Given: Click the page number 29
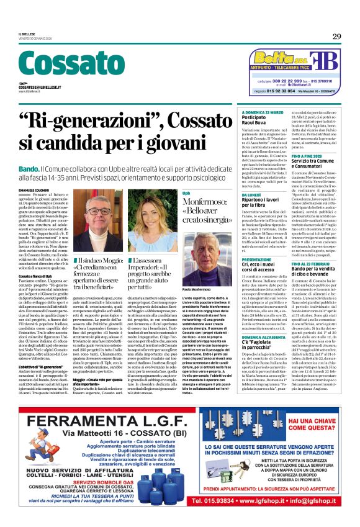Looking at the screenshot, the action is point(336,36).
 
